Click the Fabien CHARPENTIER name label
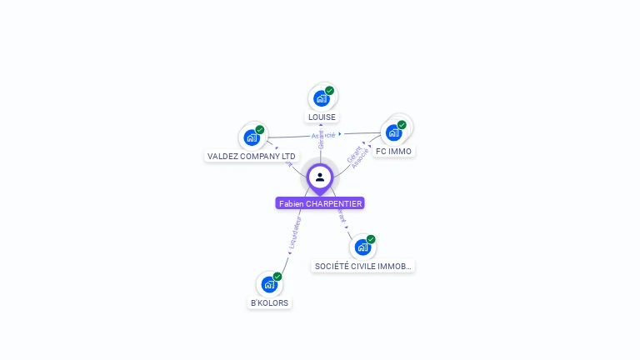click(x=320, y=203)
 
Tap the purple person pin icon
click(x=320, y=177)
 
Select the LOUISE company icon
click(x=321, y=98)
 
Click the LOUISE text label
click(x=322, y=117)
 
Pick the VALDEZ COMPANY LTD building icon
click(x=252, y=137)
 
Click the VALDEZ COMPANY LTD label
click(x=252, y=156)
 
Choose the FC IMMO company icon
click(x=393, y=132)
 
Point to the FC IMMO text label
click(x=393, y=152)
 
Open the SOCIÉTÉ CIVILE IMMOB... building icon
click(x=362, y=247)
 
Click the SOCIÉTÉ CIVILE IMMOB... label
click(x=363, y=266)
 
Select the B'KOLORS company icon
click(x=269, y=284)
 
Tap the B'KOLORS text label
click(x=270, y=303)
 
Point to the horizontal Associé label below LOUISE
click(x=323, y=134)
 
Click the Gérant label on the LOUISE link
click(x=321, y=139)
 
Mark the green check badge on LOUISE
click(x=329, y=90)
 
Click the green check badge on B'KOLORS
click(x=277, y=276)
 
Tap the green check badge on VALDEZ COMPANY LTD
click(x=260, y=129)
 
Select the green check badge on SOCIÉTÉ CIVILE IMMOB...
click(x=371, y=239)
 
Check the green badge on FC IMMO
click(x=402, y=124)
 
